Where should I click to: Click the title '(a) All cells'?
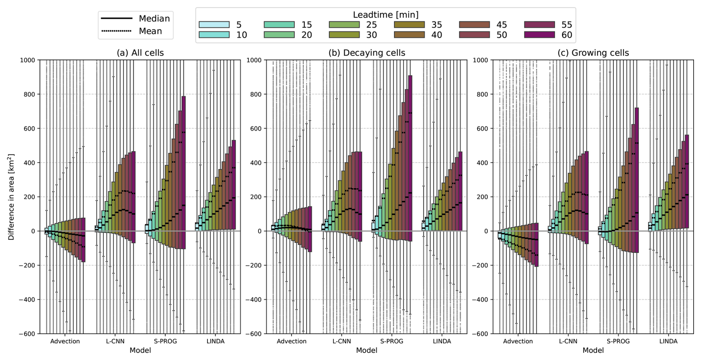click(140, 53)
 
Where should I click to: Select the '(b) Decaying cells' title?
click(366, 53)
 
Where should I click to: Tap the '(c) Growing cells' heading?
click(593, 53)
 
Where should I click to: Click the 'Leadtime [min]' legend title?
click(385, 15)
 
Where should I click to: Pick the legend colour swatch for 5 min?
click(214, 25)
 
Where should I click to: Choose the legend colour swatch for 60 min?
click(539, 35)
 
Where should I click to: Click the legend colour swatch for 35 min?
click(409, 25)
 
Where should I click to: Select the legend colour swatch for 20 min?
click(279, 35)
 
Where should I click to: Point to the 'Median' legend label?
click(154, 19)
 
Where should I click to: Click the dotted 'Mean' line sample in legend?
click(116, 31)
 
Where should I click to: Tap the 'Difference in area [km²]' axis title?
click(11, 197)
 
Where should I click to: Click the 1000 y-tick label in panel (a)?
click(27, 60)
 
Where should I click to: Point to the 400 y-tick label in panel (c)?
click(482, 163)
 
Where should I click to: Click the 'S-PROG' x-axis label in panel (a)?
click(165, 341)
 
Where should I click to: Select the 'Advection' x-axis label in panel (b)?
click(292, 341)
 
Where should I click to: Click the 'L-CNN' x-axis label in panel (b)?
click(342, 341)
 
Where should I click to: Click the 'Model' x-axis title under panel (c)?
click(593, 350)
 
